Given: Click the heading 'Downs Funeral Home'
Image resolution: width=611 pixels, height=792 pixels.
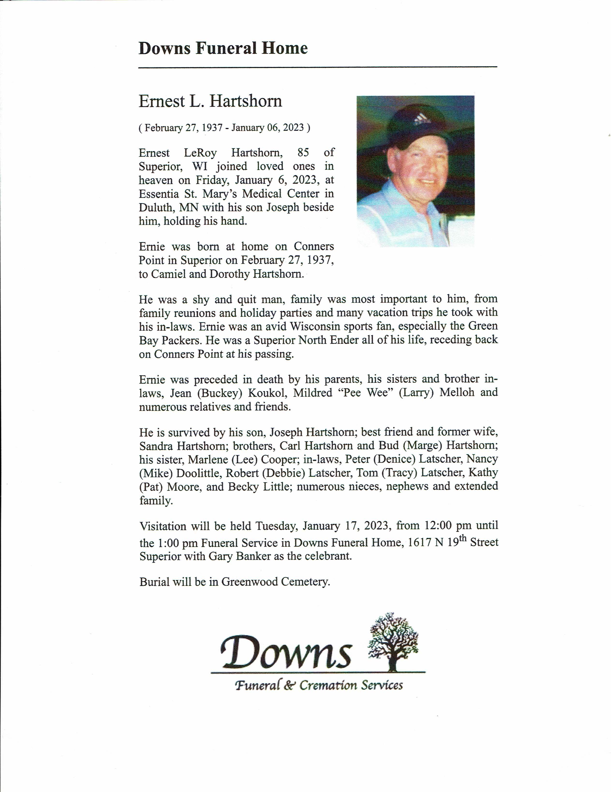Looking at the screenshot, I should point(223,48).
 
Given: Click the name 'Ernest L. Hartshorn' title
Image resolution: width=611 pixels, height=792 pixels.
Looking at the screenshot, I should point(210,101).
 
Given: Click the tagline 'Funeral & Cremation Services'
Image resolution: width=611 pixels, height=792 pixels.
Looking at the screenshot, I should point(319,685).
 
